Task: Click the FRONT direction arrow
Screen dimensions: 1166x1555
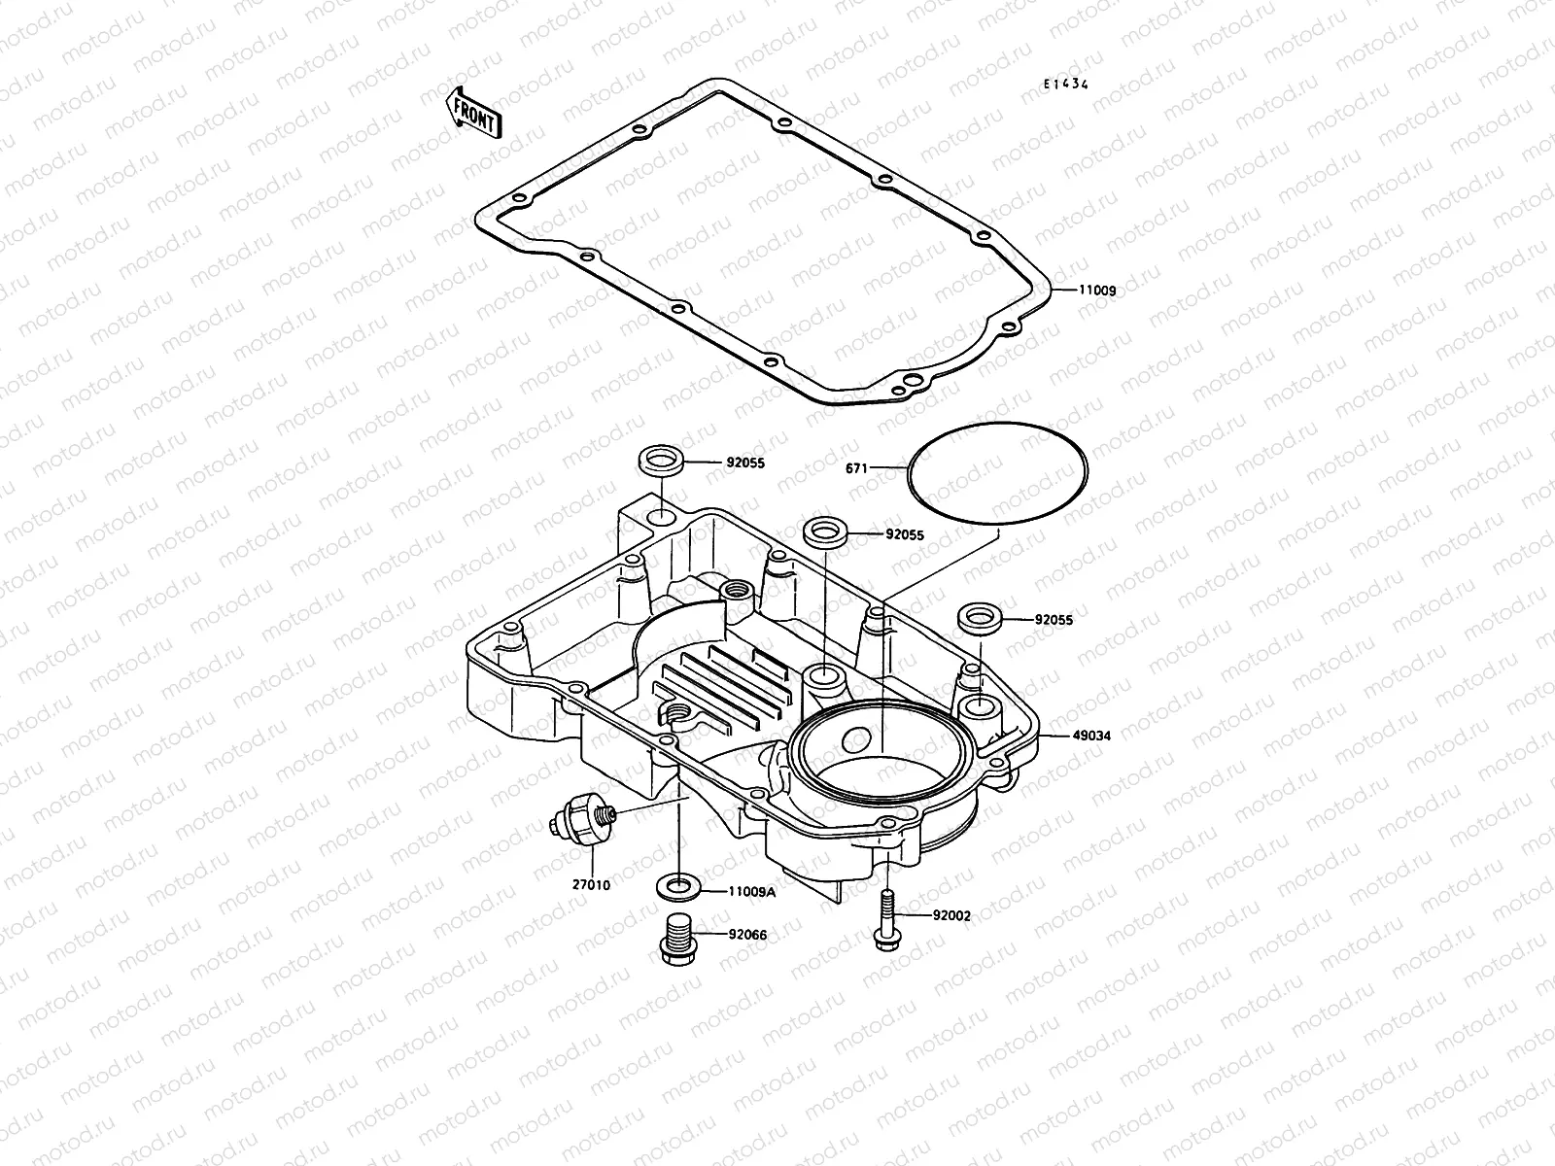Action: pyautogui.click(x=473, y=112)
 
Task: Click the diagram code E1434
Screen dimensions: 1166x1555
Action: pyautogui.click(x=1065, y=85)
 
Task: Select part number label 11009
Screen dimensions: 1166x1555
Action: pyautogui.click(x=1095, y=291)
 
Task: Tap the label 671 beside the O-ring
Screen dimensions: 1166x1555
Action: pyautogui.click(x=856, y=468)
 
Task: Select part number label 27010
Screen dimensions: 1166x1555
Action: pyautogui.click(x=591, y=885)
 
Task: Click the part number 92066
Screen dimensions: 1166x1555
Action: pyautogui.click(x=747, y=935)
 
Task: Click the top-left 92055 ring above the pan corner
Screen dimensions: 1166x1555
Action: pyautogui.click(x=660, y=460)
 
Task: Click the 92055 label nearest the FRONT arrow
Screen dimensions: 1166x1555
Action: pyautogui.click(x=744, y=463)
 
